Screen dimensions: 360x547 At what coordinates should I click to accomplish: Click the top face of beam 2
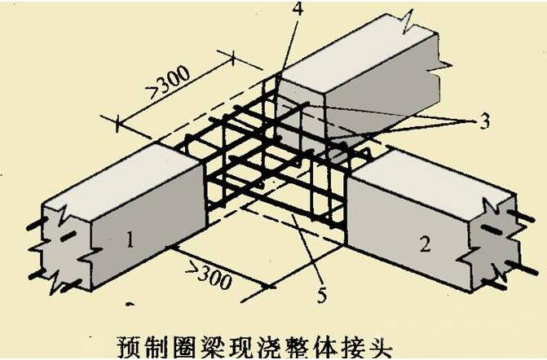432,175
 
